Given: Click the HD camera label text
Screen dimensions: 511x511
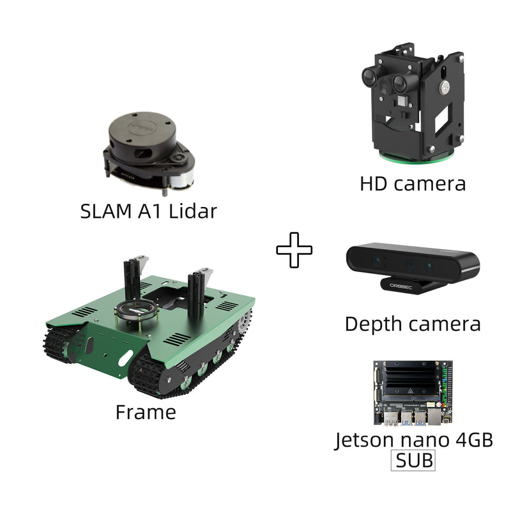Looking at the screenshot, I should (413, 184).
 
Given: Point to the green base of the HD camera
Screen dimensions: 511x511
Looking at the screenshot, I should (411, 155).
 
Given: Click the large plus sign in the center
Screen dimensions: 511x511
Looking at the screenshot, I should (294, 250).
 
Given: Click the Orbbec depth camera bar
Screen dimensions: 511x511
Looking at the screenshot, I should (413, 261).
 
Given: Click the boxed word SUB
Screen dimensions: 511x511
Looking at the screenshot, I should (414, 460).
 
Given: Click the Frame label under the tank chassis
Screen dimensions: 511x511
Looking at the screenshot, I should (146, 412).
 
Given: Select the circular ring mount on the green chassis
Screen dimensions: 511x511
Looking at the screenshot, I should (135, 312).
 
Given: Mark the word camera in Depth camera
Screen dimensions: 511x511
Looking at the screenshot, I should (444, 323).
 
